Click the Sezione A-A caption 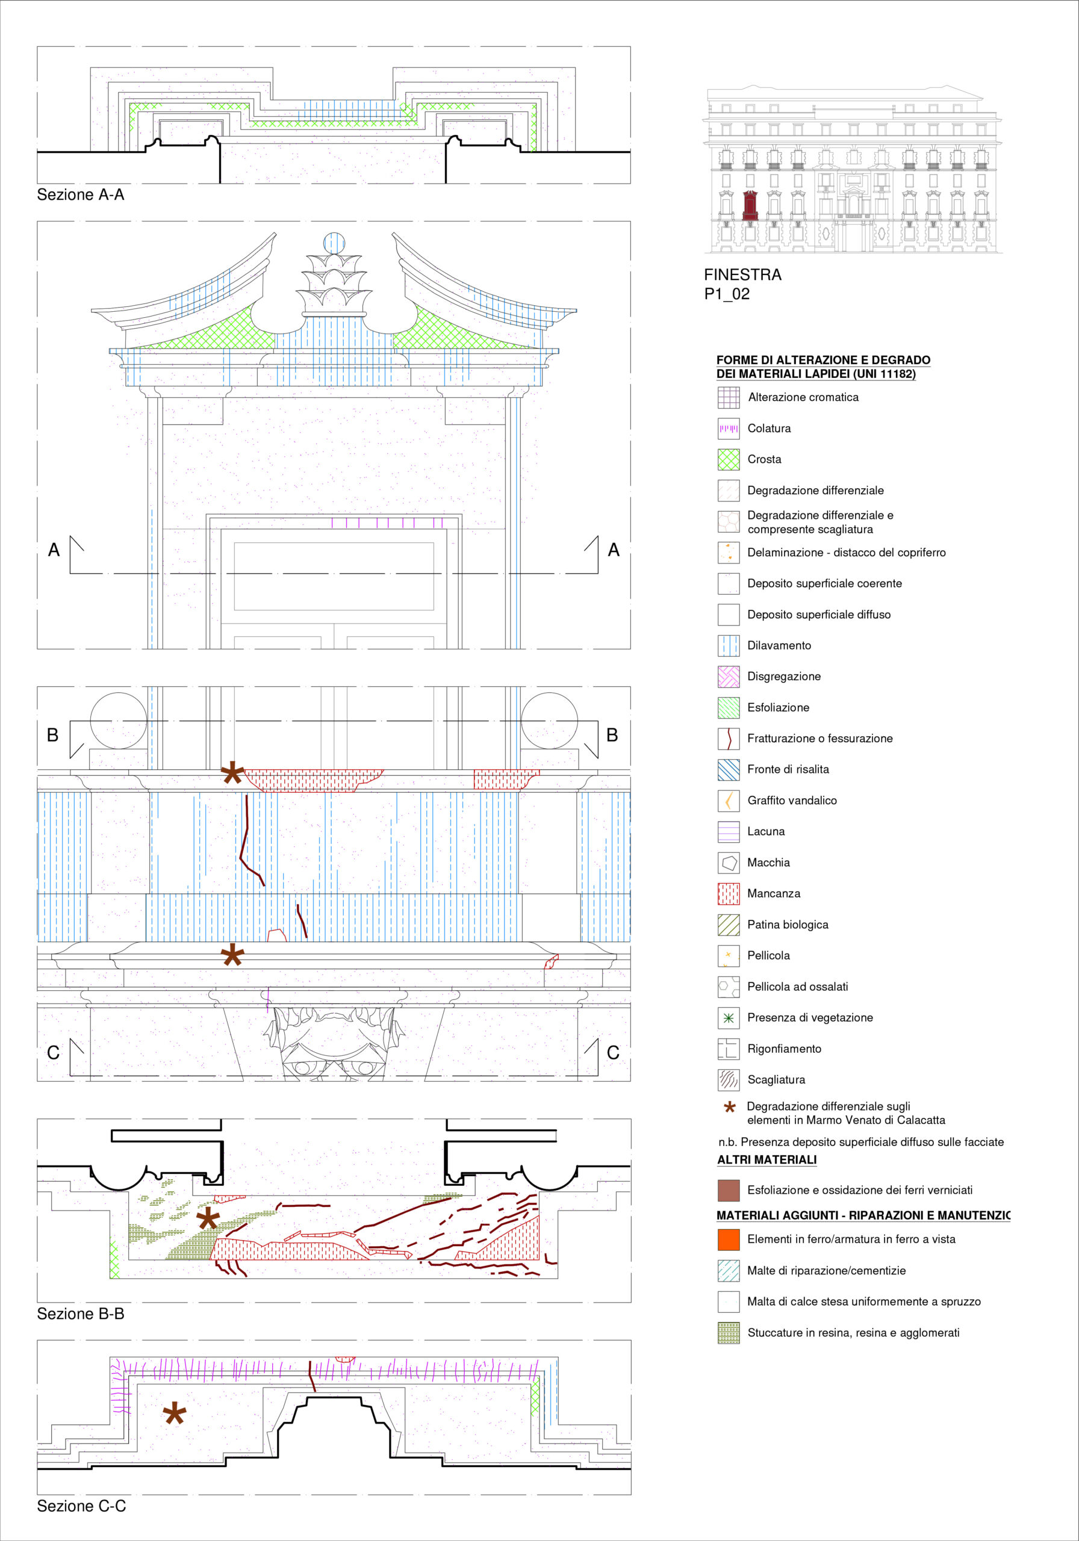81,194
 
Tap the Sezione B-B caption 81,1313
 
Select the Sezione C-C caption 81,1506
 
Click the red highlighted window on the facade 750,205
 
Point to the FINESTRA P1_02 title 742,284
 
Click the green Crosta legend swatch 729,460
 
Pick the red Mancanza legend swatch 729,894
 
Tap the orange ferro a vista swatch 729,1239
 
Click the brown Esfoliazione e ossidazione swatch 729,1191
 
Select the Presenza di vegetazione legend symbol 729,1018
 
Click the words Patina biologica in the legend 788,925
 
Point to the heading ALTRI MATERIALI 766,1160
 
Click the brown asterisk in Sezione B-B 208,1218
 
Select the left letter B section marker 52,735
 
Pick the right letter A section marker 614,550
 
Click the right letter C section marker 613,1052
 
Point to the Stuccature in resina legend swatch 729,1333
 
